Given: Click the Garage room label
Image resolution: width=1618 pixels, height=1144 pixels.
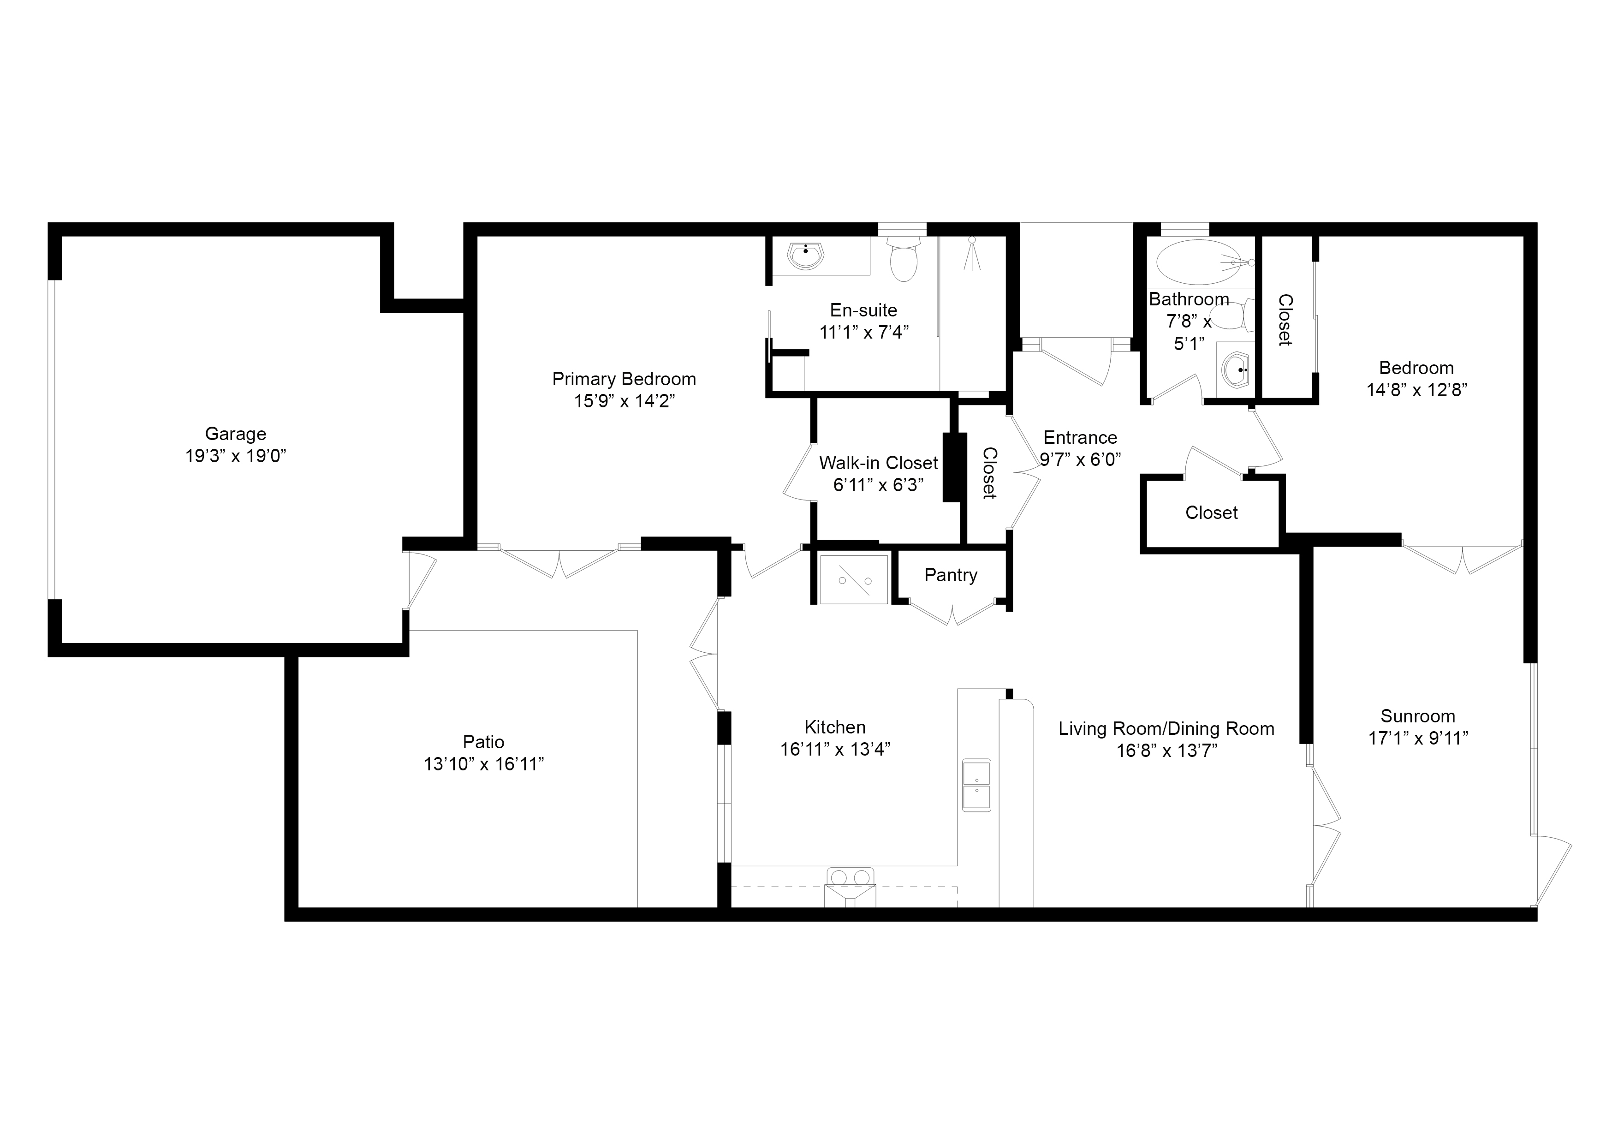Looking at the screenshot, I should (x=235, y=434).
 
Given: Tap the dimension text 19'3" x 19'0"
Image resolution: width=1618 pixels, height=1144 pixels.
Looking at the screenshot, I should (x=235, y=456).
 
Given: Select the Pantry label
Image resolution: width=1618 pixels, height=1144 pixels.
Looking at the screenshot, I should (x=951, y=575).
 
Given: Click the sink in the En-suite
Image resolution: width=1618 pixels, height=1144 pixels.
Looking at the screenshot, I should (x=805, y=255).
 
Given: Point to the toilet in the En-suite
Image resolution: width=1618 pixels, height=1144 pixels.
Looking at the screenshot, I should (x=904, y=259).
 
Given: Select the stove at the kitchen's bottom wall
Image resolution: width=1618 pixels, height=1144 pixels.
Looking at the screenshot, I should (x=850, y=887).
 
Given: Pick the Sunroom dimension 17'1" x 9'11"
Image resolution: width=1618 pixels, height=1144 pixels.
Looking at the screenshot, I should (x=1418, y=738).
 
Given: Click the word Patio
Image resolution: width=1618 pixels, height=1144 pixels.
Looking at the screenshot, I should (x=483, y=741).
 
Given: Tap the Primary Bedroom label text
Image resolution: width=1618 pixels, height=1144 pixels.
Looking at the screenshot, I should (x=624, y=379).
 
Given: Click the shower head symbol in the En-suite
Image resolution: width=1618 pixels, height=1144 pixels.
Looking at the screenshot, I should (x=972, y=254).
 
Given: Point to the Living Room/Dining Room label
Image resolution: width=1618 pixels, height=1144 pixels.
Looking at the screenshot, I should (x=1166, y=729).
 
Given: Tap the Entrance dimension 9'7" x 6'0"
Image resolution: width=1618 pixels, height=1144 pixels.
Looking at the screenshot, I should (x=1080, y=459).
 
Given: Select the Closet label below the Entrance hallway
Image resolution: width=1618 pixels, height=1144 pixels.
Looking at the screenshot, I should (x=1211, y=512).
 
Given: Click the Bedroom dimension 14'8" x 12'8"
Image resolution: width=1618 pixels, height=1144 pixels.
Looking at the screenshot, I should (x=1416, y=390).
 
